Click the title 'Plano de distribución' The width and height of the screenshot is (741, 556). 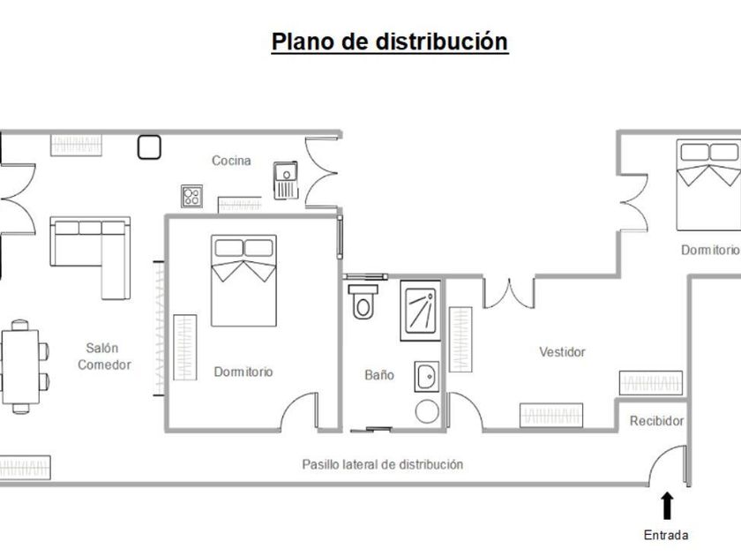[x=390, y=41]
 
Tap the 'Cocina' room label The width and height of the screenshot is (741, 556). [x=231, y=161]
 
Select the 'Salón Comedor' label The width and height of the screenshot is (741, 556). [x=104, y=357]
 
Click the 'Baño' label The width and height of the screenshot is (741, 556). [x=379, y=375]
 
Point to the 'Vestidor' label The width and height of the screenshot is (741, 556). [x=563, y=352]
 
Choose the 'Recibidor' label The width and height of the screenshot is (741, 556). [x=657, y=421]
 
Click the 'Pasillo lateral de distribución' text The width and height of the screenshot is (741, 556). [x=382, y=464]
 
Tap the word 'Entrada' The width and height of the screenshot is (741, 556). [x=666, y=535]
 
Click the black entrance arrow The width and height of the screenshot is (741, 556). [x=667, y=506]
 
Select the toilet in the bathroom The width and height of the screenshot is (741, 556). [x=363, y=302]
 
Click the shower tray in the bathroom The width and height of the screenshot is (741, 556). [x=421, y=311]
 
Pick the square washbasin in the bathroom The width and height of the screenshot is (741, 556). [x=427, y=377]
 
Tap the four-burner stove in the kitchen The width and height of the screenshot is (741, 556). [x=192, y=196]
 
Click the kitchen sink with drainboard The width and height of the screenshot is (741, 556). [x=286, y=180]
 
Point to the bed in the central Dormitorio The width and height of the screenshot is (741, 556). [x=243, y=281]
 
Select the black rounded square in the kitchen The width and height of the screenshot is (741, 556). [x=149, y=147]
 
